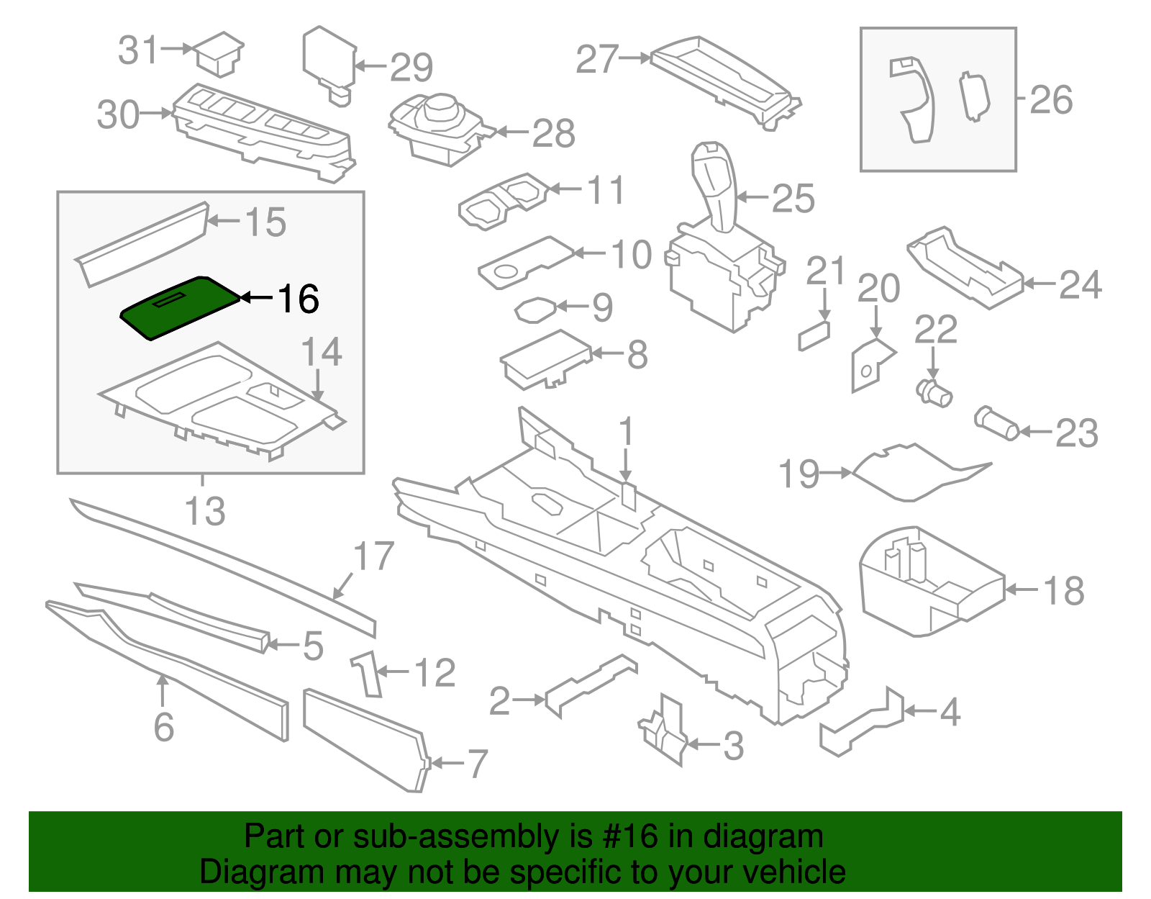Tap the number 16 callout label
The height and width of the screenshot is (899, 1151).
point(298,298)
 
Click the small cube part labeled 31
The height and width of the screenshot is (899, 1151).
point(219,53)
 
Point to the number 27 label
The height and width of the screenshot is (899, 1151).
point(597,59)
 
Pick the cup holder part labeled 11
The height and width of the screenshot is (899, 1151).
point(504,201)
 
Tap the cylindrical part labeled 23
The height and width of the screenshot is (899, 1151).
point(996,424)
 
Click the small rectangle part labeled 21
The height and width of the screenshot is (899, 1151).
point(814,335)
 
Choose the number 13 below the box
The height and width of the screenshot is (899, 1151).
point(205,510)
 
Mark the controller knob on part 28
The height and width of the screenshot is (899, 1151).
point(440,108)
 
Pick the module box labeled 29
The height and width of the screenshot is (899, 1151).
point(329,59)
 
